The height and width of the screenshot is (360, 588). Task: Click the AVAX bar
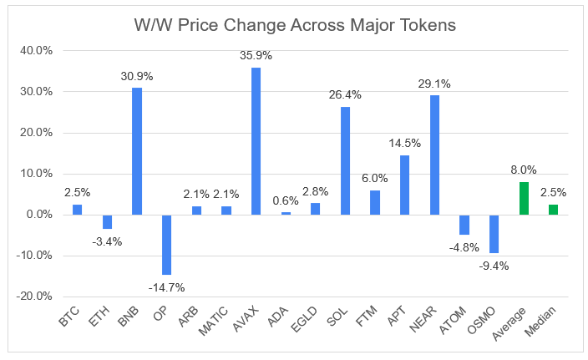click(x=256, y=141)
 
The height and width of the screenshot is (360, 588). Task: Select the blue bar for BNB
click(x=137, y=151)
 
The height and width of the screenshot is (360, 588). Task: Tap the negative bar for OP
click(x=166, y=245)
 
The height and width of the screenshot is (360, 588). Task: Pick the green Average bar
click(x=524, y=198)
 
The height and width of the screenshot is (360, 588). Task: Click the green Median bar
click(x=553, y=210)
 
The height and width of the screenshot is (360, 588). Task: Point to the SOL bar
click(x=345, y=161)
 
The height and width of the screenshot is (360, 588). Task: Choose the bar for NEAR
click(x=434, y=155)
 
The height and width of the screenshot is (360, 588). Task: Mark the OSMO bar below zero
click(x=494, y=234)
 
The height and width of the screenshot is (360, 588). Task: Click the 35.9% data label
click(x=256, y=55)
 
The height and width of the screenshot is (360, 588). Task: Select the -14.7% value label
click(x=166, y=287)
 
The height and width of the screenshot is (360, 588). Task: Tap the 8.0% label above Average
click(x=524, y=170)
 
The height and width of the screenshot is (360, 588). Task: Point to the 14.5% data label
click(x=404, y=144)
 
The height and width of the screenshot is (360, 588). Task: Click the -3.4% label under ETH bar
click(x=107, y=242)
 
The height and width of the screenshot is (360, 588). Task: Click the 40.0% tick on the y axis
click(x=36, y=51)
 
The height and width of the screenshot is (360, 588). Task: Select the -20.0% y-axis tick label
click(x=33, y=297)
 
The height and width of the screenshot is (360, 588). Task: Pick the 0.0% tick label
click(x=39, y=215)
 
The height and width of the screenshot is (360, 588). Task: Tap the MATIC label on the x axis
click(x=213, y=321)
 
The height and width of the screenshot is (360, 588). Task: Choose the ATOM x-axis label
click(x=452, y=320)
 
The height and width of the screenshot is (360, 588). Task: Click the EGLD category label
click(x=304, y=319)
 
